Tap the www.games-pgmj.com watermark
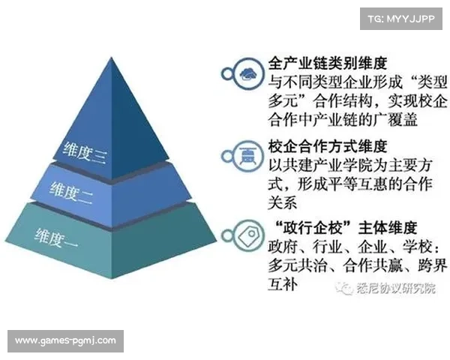tap(65, 341)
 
